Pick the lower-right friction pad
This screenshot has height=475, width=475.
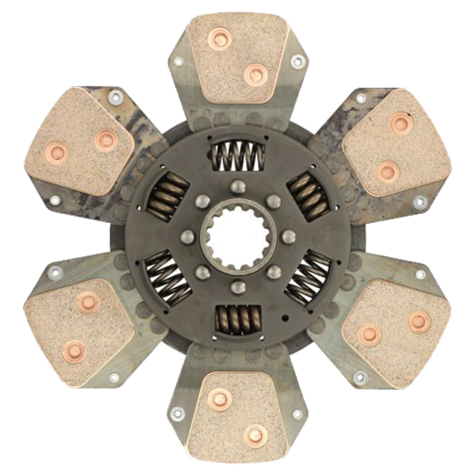click(394, 327)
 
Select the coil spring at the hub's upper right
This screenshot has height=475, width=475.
click(307, 193)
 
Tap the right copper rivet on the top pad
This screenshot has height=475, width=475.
click(255, 72)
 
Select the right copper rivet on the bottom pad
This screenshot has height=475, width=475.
click(256, 431)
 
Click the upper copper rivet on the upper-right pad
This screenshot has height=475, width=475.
click(400, 123)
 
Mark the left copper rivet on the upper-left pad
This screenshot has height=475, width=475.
click(56, 152)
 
